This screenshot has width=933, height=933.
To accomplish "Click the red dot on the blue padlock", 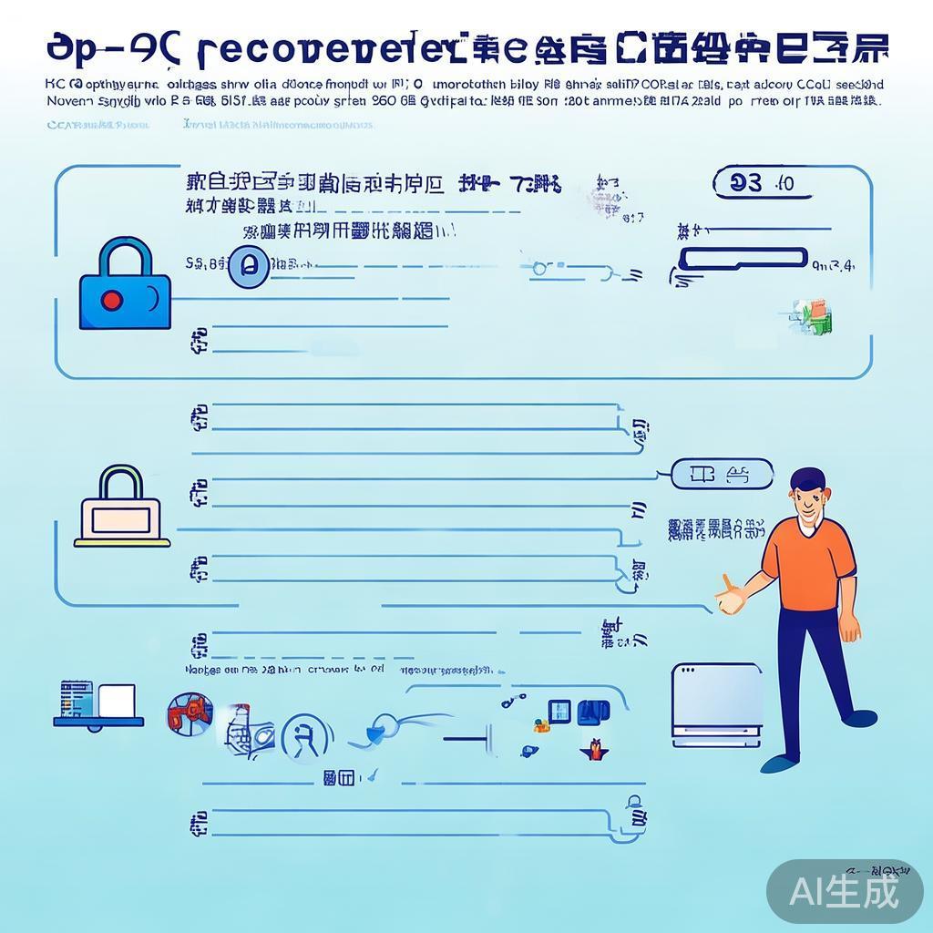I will coord(112,299).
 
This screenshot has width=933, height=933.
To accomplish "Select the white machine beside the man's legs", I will coord(716,705).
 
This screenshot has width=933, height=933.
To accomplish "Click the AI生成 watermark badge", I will coord(844,891).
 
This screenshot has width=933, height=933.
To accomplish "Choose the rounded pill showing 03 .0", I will coord(759,183).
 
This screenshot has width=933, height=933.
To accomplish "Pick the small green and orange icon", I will coord(817,314).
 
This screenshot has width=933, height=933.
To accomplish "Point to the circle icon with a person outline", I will coord(306,736).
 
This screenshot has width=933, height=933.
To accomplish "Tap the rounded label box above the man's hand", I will coord(721,474).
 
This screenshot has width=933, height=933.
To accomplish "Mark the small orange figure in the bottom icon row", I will coord(595,749).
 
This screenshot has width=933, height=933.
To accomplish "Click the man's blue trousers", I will coord(808,674).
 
